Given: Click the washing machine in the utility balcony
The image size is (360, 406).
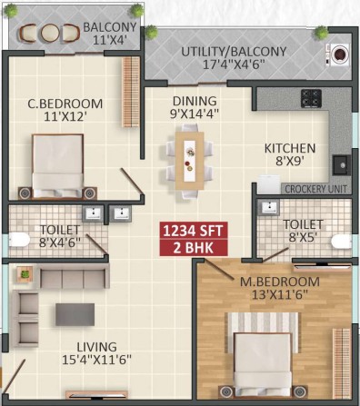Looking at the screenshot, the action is (338, 54).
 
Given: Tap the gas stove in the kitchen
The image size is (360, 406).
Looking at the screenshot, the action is (311, 98).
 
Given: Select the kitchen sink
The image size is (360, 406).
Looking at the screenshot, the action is (342, 165).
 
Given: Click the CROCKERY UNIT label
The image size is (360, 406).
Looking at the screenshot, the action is (315, 189).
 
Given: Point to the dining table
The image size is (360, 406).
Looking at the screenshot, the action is (189, 161).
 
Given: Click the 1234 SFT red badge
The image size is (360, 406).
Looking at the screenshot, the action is (194, 231).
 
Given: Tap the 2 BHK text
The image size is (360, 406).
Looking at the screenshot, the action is (194, 248).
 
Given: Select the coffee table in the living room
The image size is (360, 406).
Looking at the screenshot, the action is (75, 314).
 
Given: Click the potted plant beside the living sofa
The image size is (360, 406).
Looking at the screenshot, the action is (25, 274).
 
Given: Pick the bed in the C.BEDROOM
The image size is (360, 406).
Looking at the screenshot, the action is (57, 166).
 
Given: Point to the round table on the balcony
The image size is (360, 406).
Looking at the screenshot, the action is (50, 34).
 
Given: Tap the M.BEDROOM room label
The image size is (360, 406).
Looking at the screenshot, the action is (280, 282).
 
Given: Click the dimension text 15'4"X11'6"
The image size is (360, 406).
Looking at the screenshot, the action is (96, 360).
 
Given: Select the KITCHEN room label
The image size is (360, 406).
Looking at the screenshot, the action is (290, 148).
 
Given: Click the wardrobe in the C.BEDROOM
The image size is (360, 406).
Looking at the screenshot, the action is (131, 92).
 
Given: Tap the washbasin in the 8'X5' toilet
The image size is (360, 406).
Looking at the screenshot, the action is (268, 207).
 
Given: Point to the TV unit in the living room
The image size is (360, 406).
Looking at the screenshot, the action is (96, 394).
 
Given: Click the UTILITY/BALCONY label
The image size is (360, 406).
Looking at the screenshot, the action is (234, 52).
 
